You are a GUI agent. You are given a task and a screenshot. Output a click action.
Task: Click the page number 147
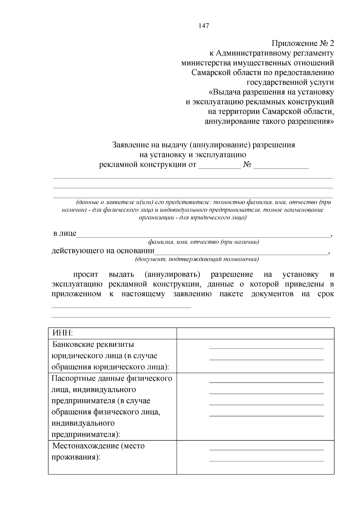coord(204,26)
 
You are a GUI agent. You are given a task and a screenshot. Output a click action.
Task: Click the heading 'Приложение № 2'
coord(302,43)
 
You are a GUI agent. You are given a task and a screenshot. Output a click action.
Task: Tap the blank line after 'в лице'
coord(203,234)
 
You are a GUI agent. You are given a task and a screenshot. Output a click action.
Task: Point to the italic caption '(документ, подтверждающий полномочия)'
coord(197,259)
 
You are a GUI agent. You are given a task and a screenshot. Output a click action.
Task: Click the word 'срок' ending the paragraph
coord(325,294)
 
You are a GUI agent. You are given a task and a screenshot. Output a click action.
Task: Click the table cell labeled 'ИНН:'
coord(63,333)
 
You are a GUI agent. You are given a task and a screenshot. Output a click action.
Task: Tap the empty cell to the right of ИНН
coord(255,333)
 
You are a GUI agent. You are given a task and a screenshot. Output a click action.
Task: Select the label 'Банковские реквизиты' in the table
coord(93,344)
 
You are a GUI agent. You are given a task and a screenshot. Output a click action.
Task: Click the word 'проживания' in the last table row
coord(75,457)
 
